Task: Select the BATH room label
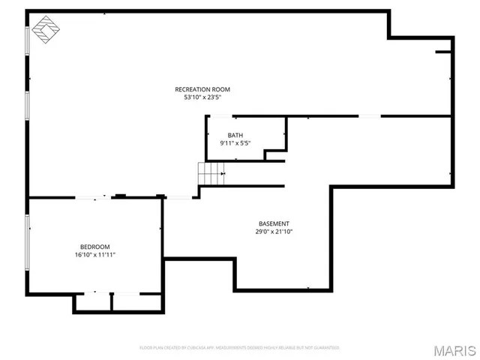pos(235,135)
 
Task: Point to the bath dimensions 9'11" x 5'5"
pos(235,142)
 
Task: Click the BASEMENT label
pos(274,223)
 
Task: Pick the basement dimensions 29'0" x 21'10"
pos(274,232)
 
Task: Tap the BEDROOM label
pos(94,247)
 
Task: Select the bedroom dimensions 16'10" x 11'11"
pos(94,255)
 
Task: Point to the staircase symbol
pos(211,174)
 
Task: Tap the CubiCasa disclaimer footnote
pos(240,348)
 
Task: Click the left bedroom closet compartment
pos(92,301)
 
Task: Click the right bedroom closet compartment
pos(137,301)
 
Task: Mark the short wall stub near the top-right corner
pos(443,52)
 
